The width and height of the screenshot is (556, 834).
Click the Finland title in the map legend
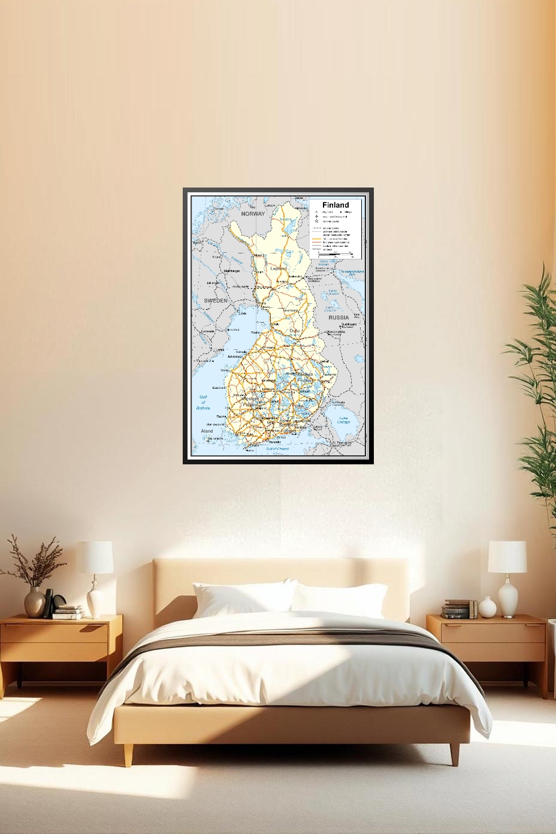coord(335,205)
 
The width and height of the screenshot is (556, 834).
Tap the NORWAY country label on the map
coord(253,214)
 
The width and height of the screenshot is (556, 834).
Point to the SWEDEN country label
coord(216,300)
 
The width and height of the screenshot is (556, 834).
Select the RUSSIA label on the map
coord(339,317)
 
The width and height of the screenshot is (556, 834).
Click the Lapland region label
coord(279,269)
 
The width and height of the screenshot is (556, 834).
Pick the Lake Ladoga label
coord(344,420)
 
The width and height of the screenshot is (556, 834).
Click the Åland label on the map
coord(207,431)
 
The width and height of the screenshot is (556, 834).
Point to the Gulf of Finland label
coord(277,449)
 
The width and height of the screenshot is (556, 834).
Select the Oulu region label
coord(294,331)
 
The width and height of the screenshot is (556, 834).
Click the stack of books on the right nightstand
coord(456,609)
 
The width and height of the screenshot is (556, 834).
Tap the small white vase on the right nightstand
coord(487,606)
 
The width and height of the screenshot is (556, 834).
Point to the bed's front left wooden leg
coord(128,754)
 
